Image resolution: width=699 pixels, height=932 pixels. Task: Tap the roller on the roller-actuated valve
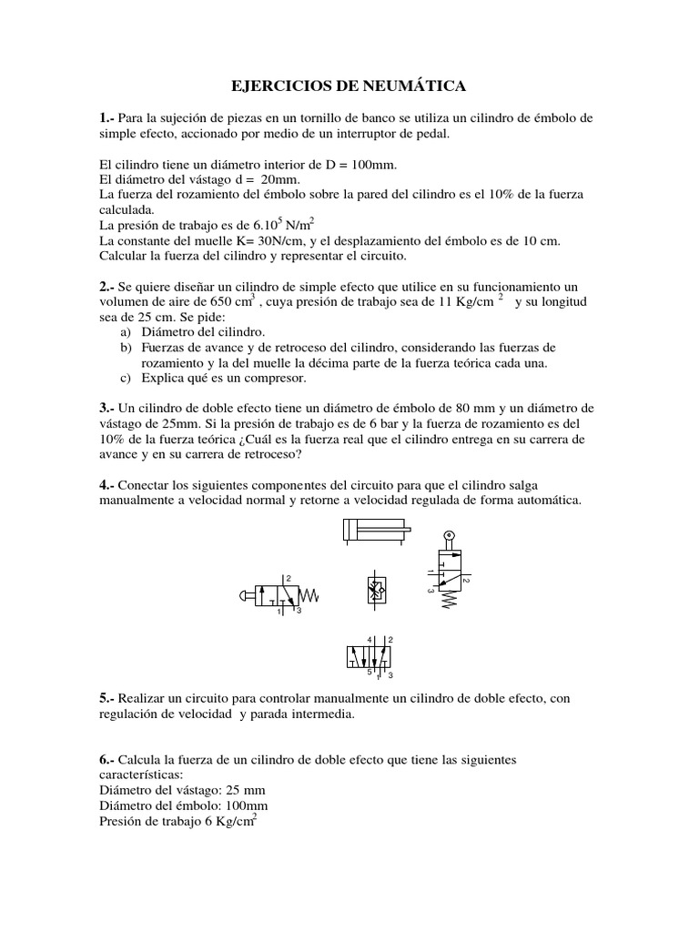pos(447,537)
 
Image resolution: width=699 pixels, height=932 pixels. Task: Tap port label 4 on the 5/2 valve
pos(370,640)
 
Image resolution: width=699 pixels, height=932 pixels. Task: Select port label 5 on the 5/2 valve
pos(369,674)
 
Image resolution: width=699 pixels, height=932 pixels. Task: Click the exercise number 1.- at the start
pos(107,119)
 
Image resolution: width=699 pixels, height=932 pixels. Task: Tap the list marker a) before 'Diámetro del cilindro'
pos(126,333)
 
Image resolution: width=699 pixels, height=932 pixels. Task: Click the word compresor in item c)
pos(275,378)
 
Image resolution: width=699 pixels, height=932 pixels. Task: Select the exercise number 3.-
pos(107,409)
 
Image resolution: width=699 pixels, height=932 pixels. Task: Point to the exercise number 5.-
pos(107,698)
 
